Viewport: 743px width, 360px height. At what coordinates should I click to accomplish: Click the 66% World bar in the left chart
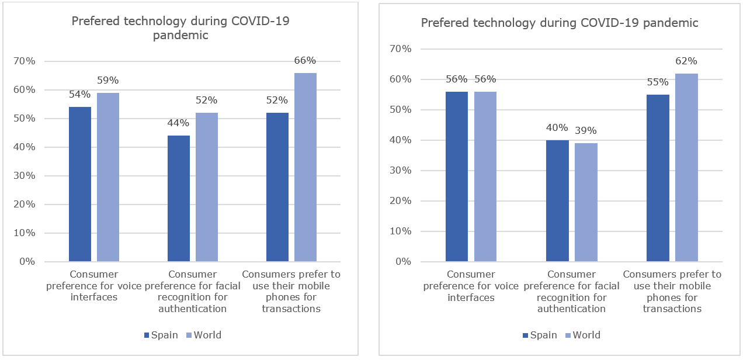coord(305,167)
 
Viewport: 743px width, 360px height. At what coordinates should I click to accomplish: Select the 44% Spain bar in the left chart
coord(178,199)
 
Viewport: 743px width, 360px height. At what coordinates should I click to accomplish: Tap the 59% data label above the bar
coord(108,81)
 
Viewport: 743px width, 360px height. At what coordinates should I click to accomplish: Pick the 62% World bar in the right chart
coord(686,167)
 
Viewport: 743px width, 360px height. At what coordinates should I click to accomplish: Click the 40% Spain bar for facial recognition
coord(557,200)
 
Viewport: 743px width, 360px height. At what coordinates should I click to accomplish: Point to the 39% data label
coord(586,130)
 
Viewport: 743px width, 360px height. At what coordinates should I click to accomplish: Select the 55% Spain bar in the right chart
coord(658,178)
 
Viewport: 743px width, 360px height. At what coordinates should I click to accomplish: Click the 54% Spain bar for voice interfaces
coord(80,184)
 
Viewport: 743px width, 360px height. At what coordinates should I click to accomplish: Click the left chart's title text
coord(180,28)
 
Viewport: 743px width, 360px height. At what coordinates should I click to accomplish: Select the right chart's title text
coord(560,23)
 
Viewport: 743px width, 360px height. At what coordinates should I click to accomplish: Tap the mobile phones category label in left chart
coord(291,291)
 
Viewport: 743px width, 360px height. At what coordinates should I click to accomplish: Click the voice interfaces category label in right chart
coord(471,286)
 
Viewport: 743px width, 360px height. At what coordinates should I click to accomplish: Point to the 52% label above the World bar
coord(206,100)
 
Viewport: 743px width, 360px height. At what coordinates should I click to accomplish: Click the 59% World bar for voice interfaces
coord(108,177)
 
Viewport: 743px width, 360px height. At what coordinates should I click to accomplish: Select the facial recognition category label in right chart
coord(571,291)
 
